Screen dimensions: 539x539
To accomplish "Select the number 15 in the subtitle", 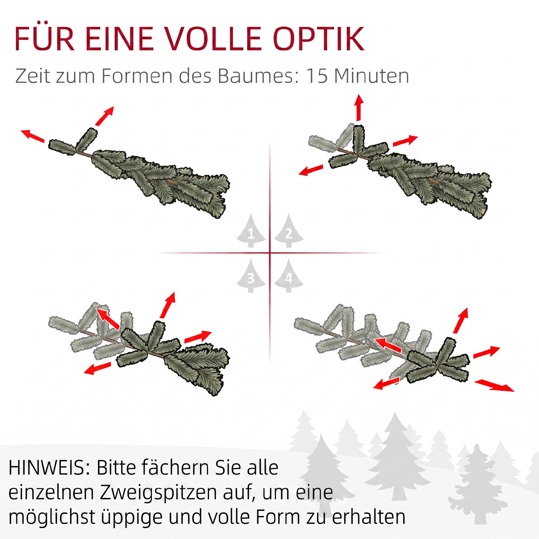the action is (317, 76).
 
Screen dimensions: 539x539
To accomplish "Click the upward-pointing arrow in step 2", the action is (359, 108).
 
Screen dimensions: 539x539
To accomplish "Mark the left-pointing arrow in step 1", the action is (33, 136).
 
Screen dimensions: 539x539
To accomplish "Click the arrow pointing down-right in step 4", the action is (494, 385).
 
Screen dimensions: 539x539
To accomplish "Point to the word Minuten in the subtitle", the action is (372, 76).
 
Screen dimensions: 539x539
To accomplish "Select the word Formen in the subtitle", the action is (137, 76).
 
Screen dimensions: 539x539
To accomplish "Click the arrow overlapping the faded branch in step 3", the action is (108, 319).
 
